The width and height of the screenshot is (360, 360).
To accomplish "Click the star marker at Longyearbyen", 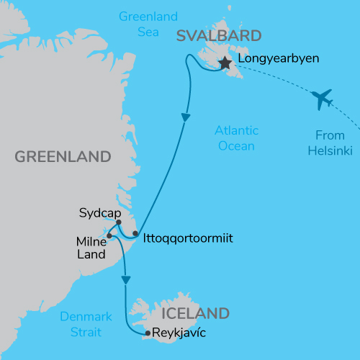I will coord(225,63).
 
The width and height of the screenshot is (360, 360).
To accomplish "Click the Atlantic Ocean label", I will coord(236,138).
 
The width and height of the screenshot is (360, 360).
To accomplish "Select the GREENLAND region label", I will coord(63,156).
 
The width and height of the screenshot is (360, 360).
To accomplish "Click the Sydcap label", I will coord(99,213).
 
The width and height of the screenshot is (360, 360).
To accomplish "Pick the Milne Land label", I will coord(91,247).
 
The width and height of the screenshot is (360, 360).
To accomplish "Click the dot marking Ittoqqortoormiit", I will coord(135,233).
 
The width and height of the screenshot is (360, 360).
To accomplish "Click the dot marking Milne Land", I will coord(109,235).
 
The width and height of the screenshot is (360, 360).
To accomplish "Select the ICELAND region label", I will coord(196,313).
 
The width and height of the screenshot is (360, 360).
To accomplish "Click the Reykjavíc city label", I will coord(179,333).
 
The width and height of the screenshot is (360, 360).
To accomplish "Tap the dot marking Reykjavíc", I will coord(147,333).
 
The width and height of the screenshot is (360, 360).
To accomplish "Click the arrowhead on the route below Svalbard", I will coord(186,117).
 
